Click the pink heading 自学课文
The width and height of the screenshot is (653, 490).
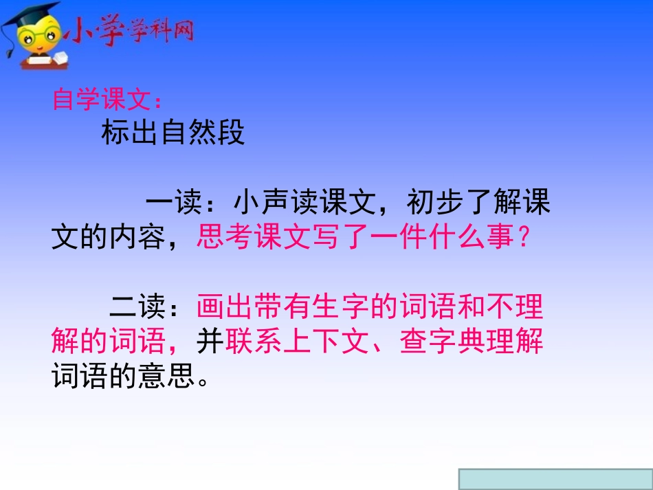coord(102,100)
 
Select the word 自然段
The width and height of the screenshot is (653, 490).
coord(202,133)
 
